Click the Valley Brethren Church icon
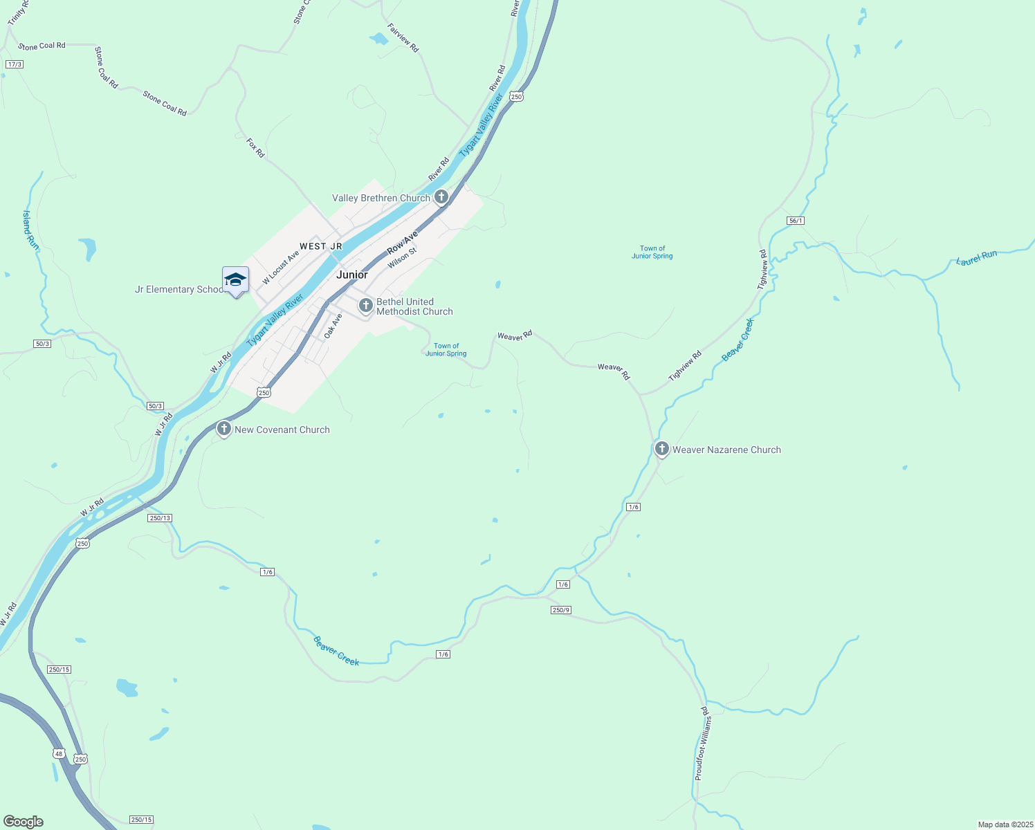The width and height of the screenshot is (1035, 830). coord(441,197)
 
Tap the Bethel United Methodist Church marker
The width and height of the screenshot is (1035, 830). coord(366,304)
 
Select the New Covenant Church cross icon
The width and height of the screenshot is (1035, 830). coord(223,429)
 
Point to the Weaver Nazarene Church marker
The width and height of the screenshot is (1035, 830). coord(661,449)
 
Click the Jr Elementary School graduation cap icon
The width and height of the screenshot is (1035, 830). coord(235,280)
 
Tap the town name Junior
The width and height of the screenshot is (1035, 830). coord(351,275)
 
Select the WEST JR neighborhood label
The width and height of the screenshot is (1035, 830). coord(321,246)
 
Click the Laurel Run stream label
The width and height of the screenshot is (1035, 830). coord(977,257)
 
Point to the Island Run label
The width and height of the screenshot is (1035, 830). coord(30,230)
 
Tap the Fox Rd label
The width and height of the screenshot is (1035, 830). coord(255,147)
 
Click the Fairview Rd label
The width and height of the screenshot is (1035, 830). coord(403,38)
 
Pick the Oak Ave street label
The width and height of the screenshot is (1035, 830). coord(333,326)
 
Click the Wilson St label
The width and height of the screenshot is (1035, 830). coord(402,258)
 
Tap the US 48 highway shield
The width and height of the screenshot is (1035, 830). coord(58,753)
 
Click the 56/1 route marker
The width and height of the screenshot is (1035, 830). coord(796,221)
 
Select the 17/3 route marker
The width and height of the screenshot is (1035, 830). coord(14,64)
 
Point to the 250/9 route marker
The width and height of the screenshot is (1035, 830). coord(561,609)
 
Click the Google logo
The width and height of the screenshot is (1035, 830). coord(23,822)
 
